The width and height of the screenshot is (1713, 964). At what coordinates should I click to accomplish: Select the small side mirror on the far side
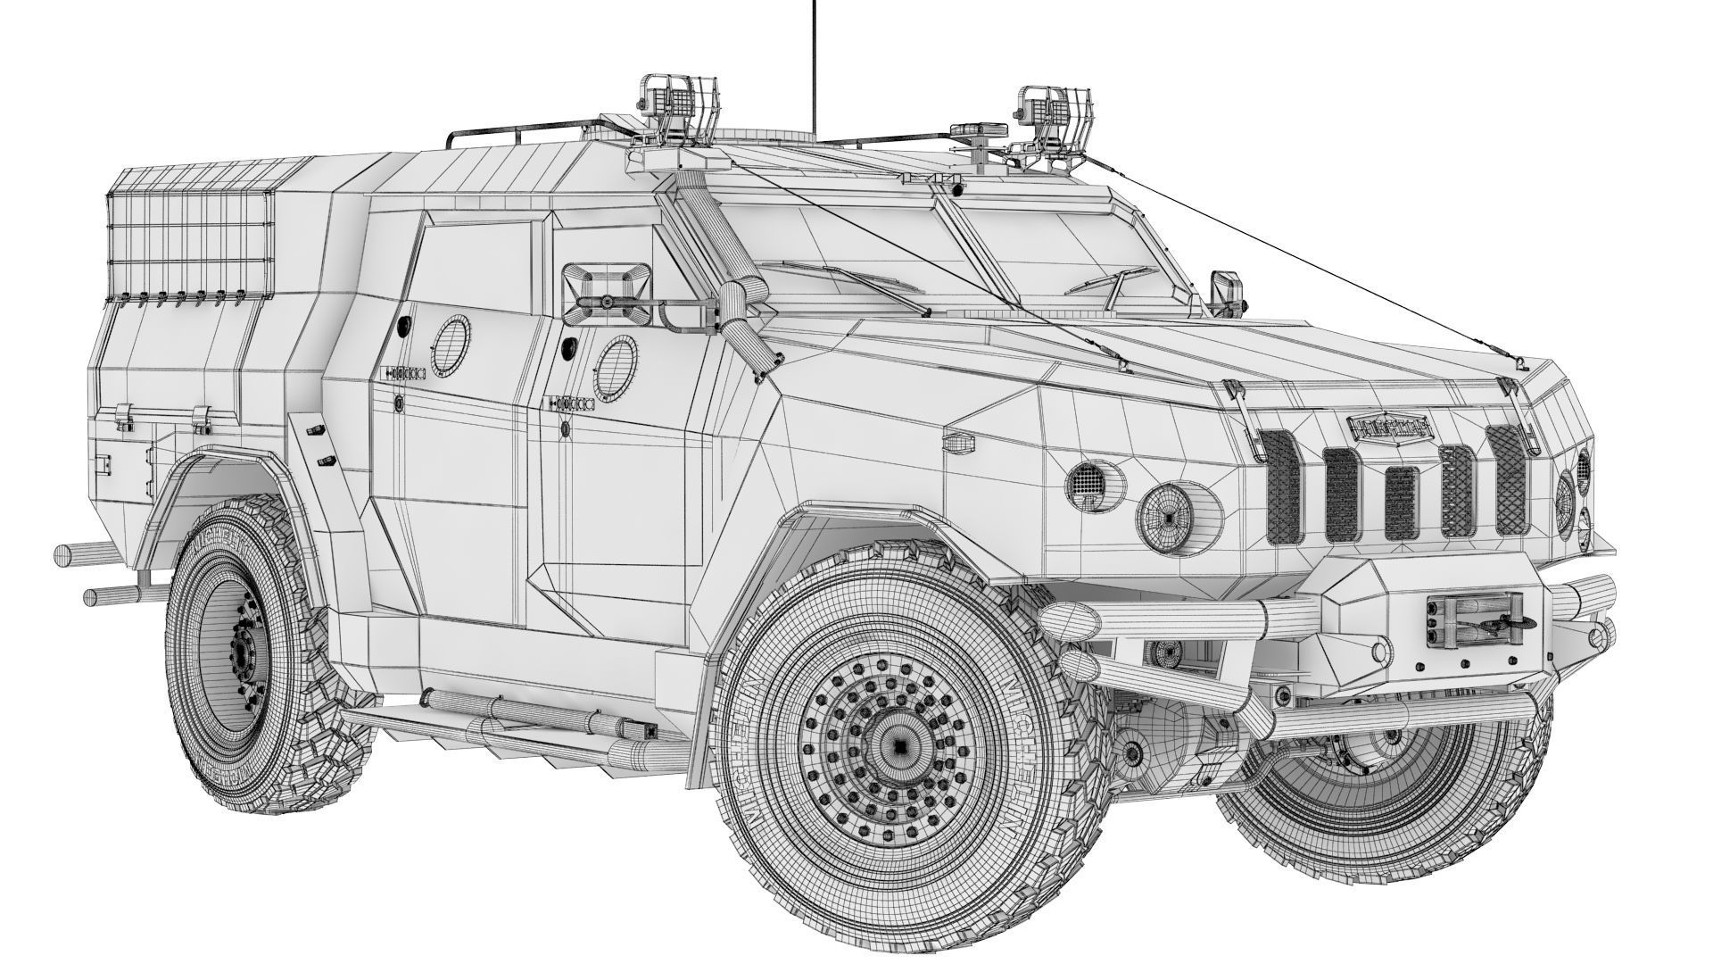[x=1221, y=290]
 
